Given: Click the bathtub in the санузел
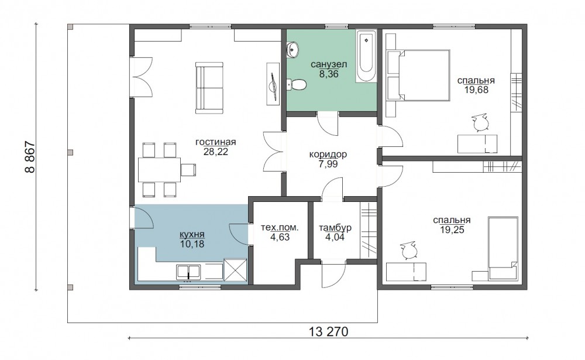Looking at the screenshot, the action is pyautogui.click(x=366, y=56).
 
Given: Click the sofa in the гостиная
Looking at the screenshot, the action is pyautogui.click(x=209, y=88).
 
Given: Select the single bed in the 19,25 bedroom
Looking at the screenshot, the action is pyautogui.click(x=503, y=248).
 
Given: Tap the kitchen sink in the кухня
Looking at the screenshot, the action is pyautogui.click(x=189, y=272).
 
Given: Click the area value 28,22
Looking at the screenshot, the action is pyautogui.click(x=216, y=152).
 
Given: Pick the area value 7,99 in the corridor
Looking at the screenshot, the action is pyautogui.click(x=328, y=164).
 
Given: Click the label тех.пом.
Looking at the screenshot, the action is pyautogui.click(x=280, y=228).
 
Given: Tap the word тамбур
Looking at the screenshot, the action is pyautogui.click(x=335, y=228).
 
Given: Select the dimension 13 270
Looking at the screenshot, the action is pyautogui.click(x=328, y=331).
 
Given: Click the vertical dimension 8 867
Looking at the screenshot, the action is pyautogui.click(x=29, y=157).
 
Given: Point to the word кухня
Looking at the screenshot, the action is pyautogui.click(x=192, y=235).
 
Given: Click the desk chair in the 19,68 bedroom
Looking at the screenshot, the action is pyautogui.click(x=480, y=122).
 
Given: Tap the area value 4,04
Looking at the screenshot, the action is pyautogui.click(x=335, y=236).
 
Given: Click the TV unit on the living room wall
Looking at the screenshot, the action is pyautogui.click(x=273, y=84).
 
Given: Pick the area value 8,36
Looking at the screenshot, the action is pyautogui.click(x=329, y=74).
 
